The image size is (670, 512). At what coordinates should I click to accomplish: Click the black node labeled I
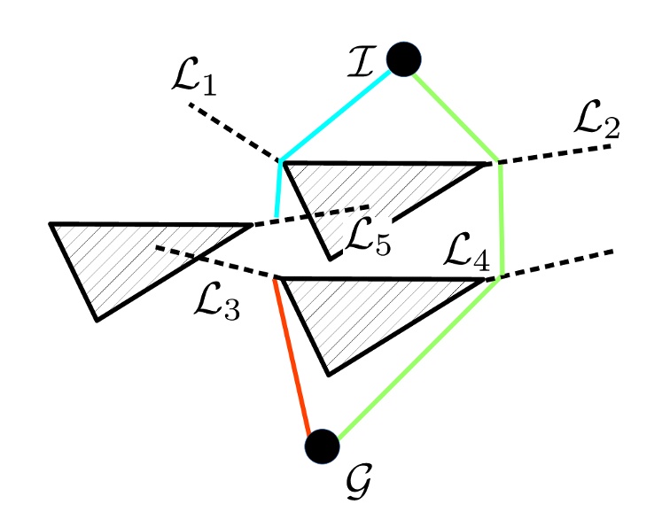tap(403, 58)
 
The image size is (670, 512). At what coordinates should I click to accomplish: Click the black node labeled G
tap(322, 446)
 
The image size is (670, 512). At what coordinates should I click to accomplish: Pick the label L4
tap(465, 257)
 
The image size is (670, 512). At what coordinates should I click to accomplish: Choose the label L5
tap(368, 235)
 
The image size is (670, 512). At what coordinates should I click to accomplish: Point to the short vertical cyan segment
tap(279, 190)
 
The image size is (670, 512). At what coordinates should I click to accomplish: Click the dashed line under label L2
tap(554, 153)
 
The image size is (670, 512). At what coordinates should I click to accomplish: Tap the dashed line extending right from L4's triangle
tap(554, 264)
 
